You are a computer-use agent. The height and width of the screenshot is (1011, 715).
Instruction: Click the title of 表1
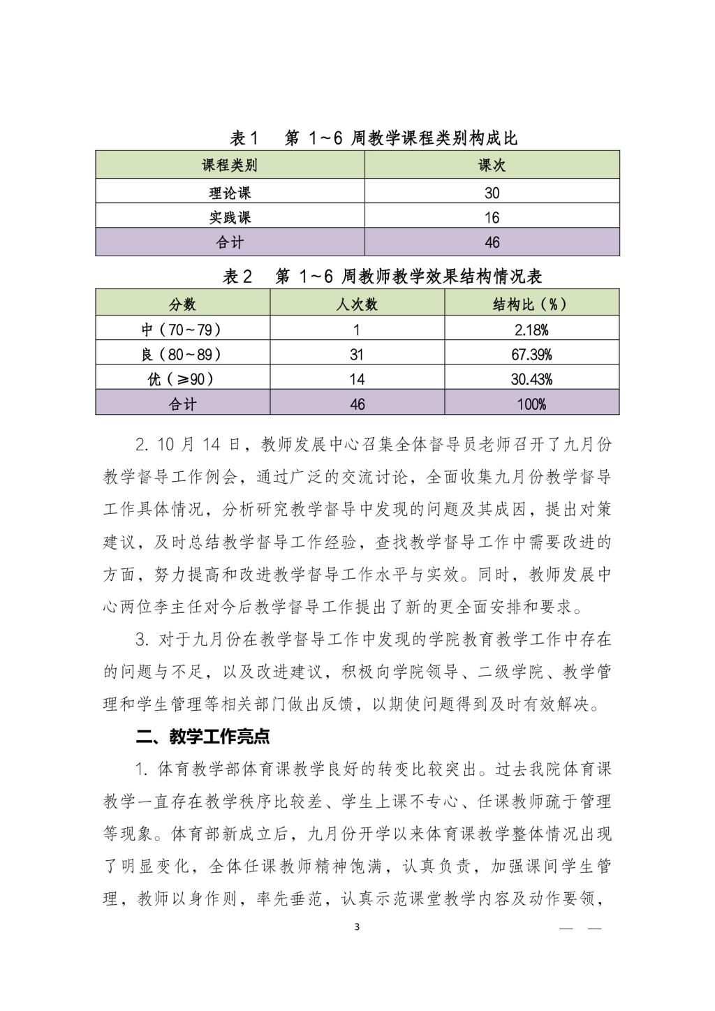click(x=374, y=138)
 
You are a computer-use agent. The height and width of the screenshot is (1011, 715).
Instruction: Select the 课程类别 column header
click(x=230, y=165)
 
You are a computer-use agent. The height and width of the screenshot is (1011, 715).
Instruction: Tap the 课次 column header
click(x=492, y=165)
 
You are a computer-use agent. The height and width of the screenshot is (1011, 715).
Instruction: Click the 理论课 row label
click(x=230, y=193)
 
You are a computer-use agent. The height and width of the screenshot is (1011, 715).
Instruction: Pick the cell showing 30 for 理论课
click(x=492, y=193)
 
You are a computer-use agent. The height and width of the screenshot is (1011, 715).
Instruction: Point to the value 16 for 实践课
click(x=492, y=218)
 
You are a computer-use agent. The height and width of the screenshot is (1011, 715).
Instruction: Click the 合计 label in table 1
click(x=230, y=243)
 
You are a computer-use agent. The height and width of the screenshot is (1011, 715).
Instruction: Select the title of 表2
click(x=382, y=276)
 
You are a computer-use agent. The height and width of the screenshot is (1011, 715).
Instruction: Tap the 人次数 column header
click(x=357, y=304)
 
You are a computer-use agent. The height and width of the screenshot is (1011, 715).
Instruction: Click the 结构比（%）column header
click(x=531, y=304)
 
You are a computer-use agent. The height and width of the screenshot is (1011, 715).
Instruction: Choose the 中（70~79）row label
click(x=182, y=330)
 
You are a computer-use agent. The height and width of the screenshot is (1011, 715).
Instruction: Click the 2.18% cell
click(x=531, y=330)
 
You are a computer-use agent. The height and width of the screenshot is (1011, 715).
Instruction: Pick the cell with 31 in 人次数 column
click(x=357, y=355)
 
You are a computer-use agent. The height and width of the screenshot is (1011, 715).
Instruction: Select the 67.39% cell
click(x=531, y=355)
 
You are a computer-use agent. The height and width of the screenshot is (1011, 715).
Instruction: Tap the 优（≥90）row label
click(x=182, y=379)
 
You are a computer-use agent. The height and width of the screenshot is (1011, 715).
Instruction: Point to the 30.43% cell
click(x=531, y=379)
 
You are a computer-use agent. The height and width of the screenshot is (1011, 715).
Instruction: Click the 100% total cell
click(x=531, y=404)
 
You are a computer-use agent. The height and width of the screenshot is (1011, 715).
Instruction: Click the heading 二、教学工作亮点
click(x=202, y=736)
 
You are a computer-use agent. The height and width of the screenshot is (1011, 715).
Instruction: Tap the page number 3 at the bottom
click(x=357, y=927)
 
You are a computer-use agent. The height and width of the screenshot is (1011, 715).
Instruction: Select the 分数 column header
click(x=182, y=304)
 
